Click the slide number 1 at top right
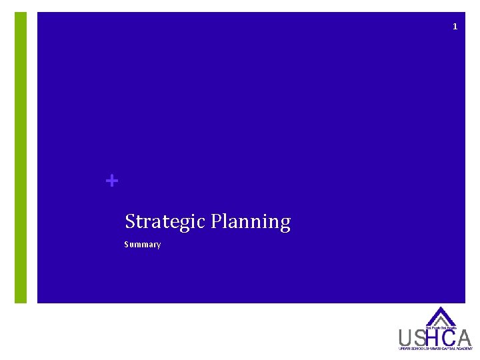[455, 27]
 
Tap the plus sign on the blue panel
[112, 181]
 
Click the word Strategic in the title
[165, 221]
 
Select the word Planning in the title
[250, 221]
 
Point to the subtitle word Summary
[143, 245]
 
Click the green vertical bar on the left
[21, 157]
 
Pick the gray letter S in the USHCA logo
[420, 338]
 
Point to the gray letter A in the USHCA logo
[464, 338]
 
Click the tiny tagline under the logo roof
[441, 328]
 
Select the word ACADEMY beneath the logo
[465, 349]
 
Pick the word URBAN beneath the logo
[404, 349]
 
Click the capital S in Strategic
[129, 221]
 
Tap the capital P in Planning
[216, 221]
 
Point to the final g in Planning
[285, 223]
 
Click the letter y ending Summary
[159, 245]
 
